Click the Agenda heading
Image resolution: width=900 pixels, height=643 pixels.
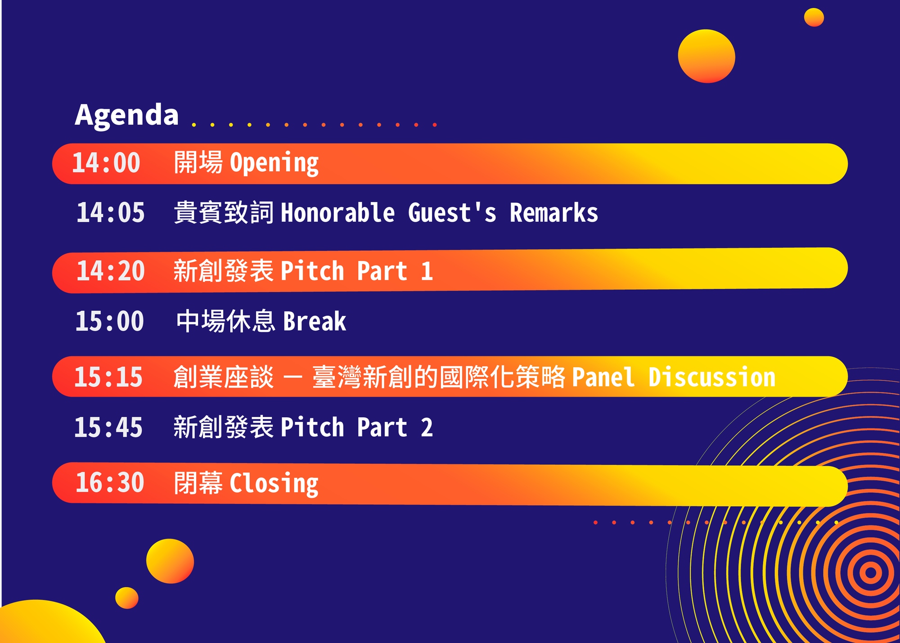click(x=127, y=115)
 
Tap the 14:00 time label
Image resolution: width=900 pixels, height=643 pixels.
click(x=106, y=163)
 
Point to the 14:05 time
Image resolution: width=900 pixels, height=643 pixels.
click(x=111, y=212)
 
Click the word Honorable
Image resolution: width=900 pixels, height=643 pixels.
click(x=338, y=212)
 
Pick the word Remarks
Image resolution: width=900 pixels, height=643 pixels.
click(x=553, y=212)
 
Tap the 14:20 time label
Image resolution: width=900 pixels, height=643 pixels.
click(x=111, y=271)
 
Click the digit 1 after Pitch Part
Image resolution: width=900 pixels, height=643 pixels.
click(x=427, y=271)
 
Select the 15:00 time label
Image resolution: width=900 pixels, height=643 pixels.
click(x=109, y=321)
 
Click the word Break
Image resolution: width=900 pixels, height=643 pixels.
click(x=315, y=321)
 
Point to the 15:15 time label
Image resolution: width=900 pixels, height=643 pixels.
click(x=108, y=377)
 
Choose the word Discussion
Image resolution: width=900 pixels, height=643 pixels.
click(x=712, y=377)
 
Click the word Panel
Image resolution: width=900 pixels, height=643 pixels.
click(x=603, y=377)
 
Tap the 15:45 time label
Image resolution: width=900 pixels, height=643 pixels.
click(x=108, y=427)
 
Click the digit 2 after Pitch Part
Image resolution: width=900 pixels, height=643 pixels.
click(x=427, y=427)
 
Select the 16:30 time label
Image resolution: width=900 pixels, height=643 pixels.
click(x=110, y=483)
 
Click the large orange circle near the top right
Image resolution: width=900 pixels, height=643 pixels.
click(x=706, y=56)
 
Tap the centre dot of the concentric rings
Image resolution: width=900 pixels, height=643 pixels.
click(x=871, y=573)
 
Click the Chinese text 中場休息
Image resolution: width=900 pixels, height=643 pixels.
click(x=225, y=321)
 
